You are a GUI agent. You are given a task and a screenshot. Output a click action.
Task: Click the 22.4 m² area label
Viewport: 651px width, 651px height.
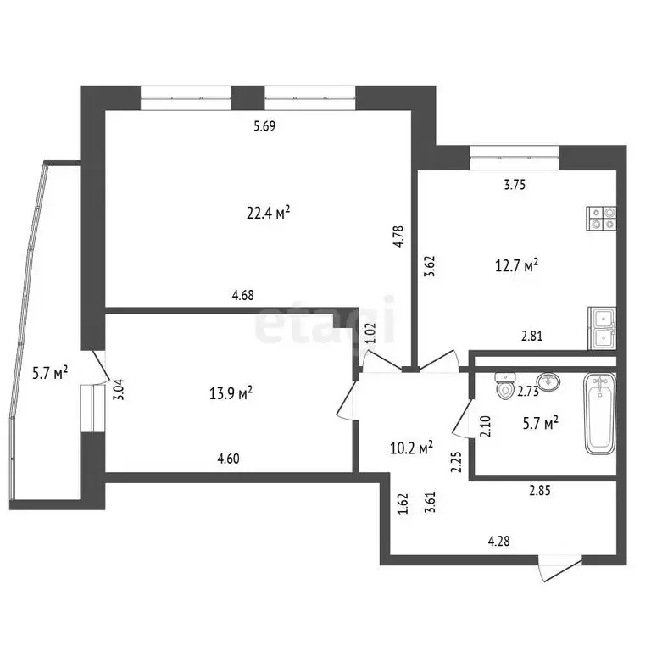point(269,214)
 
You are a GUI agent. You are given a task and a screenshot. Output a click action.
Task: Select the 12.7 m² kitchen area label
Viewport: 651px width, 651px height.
point(517,267)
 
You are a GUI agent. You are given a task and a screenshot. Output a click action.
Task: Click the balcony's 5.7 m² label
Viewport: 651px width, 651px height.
point(49,372)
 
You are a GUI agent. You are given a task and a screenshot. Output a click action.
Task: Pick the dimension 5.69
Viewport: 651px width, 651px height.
point(266,127)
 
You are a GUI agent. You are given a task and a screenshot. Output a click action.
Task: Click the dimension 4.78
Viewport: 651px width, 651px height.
point(398,234)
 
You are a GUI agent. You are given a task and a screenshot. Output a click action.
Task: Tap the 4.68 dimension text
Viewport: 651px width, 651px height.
point(243,296)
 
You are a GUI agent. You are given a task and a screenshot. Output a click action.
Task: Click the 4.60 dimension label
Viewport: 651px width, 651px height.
point(229,459)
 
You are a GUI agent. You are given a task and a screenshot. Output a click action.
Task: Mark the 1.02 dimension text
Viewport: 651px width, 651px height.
point(370,331)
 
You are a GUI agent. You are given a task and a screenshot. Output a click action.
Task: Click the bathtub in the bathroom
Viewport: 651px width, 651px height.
point(600,415)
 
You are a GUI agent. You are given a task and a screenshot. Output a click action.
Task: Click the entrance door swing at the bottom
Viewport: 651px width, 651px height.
point(559,569)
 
